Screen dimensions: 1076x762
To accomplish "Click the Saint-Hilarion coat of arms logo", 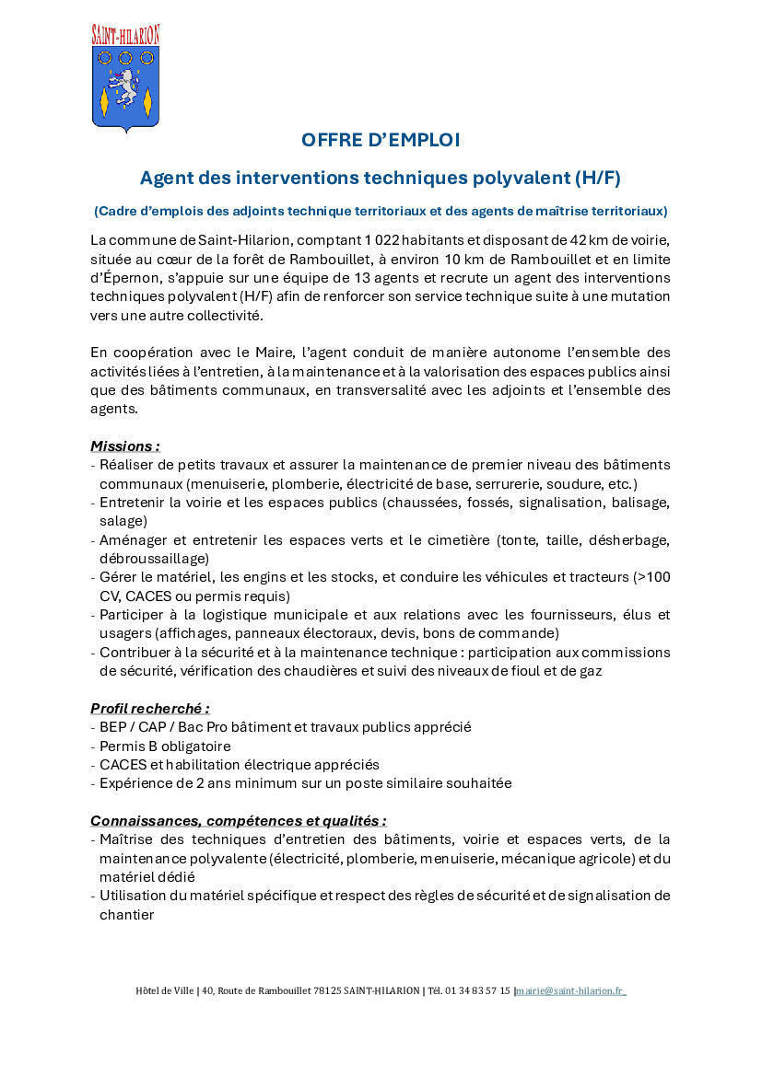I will pos(125,79).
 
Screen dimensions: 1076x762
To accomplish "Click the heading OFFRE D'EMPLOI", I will pos(381,140).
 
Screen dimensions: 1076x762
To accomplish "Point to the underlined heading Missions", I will pos(124,446).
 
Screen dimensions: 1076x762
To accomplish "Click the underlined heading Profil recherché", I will pos(149,709).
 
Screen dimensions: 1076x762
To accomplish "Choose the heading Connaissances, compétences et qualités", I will pos(238,821).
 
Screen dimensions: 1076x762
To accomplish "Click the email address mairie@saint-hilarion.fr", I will pos(570,991).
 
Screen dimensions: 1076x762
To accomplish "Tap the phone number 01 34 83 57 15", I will pos(477,991).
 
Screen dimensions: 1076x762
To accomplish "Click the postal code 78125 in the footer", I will pos(329,991).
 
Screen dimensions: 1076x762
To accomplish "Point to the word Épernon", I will pos(124,278).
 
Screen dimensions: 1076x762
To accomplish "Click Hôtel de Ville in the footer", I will pos(164,991).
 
